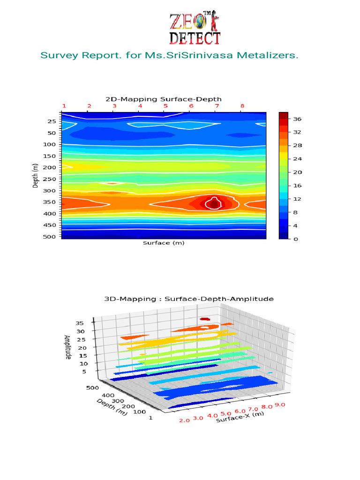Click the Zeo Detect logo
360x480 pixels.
195,28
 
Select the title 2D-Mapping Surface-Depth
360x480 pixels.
163,99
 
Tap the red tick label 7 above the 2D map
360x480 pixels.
216,106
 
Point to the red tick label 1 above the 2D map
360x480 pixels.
64,106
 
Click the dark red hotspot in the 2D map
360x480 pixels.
214,203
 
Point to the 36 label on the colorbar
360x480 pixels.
297,119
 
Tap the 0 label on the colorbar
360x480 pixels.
295,239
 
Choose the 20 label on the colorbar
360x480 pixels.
297,172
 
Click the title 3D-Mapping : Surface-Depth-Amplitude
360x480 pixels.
188,299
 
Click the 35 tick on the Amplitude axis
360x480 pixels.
79,323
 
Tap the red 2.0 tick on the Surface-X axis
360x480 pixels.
184,420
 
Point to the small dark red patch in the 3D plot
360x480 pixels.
204,319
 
